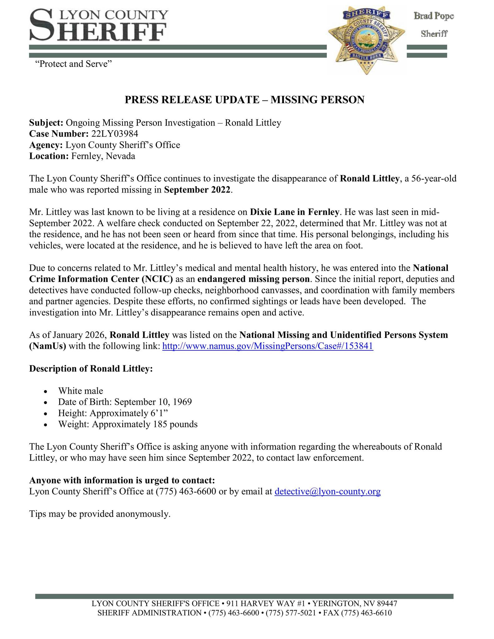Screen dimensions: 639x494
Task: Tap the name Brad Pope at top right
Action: tap(433, 16)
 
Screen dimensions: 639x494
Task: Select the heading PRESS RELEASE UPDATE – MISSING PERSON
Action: tap(244, 100)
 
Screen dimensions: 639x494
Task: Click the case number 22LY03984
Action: tap(115, 134)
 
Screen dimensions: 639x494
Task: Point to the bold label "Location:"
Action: tap(49, 156)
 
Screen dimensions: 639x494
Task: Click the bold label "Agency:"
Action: tap(46, 145)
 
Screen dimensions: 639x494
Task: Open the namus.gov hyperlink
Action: tap(268, 346)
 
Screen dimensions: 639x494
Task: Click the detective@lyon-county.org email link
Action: tap(327, 491)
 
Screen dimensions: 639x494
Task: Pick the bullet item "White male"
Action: tap(81, 391)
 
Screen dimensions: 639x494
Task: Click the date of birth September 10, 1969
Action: tap(125, 402)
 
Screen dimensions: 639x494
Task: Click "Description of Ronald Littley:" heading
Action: tap(91, 368)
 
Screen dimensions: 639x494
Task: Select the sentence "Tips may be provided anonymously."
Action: tap(100, 514)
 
